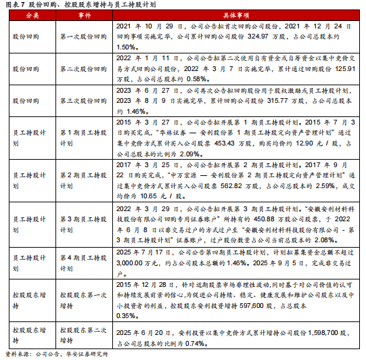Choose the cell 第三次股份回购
point(81,99)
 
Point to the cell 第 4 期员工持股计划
point(81,258)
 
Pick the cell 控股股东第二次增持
point(81,333)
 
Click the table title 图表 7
point(16,4)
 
